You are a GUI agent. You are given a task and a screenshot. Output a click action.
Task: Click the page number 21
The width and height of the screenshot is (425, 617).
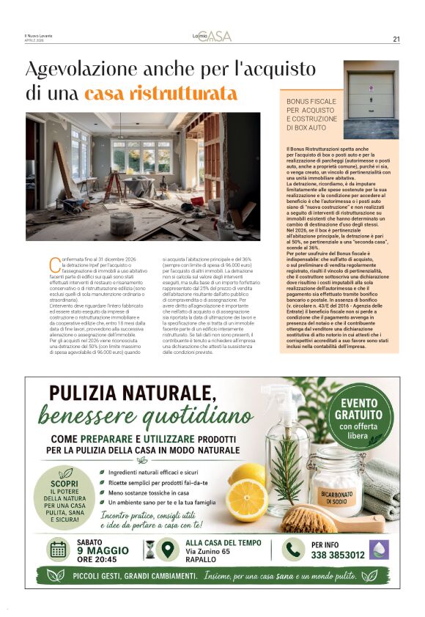pyautogui.click(x=396, y=39)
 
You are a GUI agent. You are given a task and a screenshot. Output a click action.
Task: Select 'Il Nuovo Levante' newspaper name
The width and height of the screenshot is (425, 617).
pyautogui.click(x=40, y=37)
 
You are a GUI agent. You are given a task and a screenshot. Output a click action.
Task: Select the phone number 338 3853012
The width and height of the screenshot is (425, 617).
pyautogui.click(x=338, y=555)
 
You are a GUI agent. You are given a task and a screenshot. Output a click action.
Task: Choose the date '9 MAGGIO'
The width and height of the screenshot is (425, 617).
pyautogui.click(x=103, y=551)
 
